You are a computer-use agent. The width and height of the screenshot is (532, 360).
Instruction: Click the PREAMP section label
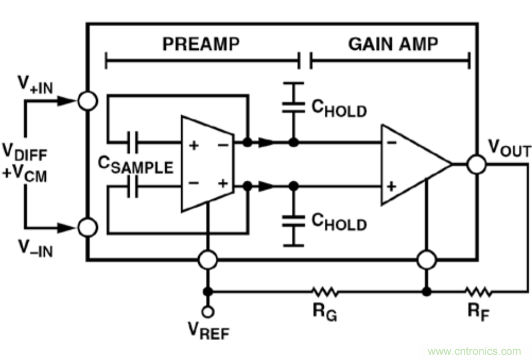(201, 45)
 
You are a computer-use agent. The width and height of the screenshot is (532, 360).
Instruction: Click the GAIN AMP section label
(393, 45)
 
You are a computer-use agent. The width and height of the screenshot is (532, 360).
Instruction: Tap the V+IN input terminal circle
(87, 101)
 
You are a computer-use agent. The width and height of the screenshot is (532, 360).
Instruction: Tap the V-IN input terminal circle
(87, 228)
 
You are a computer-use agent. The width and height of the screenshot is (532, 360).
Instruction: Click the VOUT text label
(509, 149)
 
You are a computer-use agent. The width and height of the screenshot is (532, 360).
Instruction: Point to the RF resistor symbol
(478, 292)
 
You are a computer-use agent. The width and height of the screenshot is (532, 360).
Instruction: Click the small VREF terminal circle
(208, 311)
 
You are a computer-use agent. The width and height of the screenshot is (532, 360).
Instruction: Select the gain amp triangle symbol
(413, 164)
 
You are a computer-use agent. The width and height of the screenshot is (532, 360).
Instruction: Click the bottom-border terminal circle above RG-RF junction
(427, 260)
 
